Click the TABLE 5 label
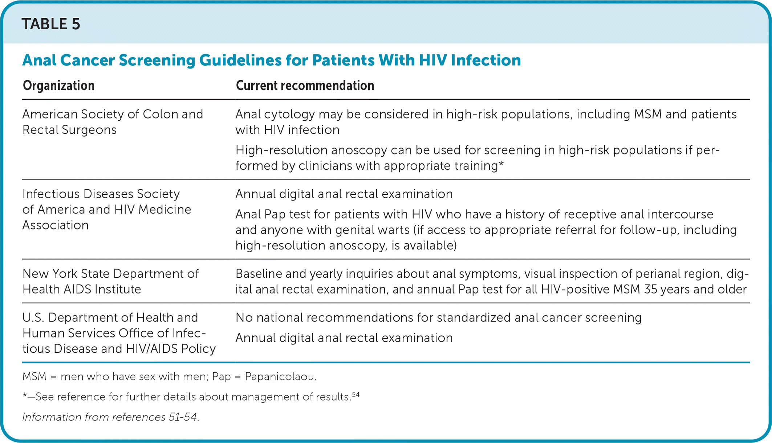click(x=51, y=24)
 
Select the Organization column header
click(x=58, y=86)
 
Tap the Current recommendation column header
click(x=305, y=86)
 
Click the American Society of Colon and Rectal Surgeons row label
click(x=113, y=122)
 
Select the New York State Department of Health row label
click(x=110, y=281)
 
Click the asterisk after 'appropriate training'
click(x=501, y=165)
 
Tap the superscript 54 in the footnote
click(x=355, y=394)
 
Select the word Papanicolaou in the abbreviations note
click(x=281, y=377)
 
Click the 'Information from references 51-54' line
click(x=111, y=417)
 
